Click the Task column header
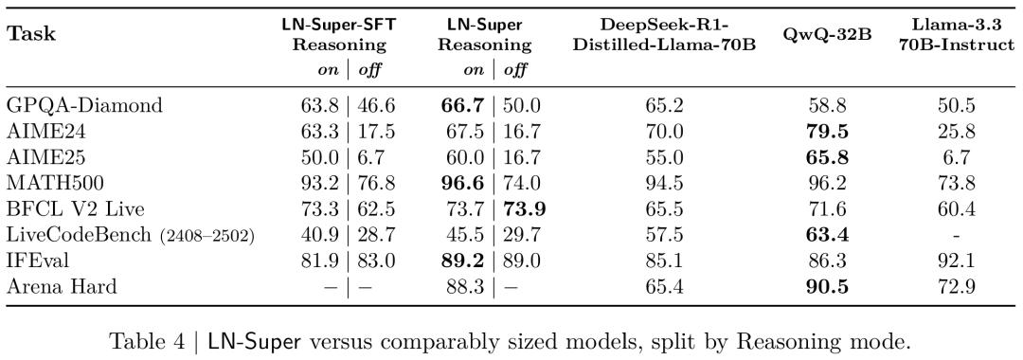(x=31, y=34)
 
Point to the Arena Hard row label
(x=62, y=285)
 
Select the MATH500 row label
(x=46, y=183)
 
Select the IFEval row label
(x=38, y=260)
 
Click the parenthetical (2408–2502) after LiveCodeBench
(x=206, y=236)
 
